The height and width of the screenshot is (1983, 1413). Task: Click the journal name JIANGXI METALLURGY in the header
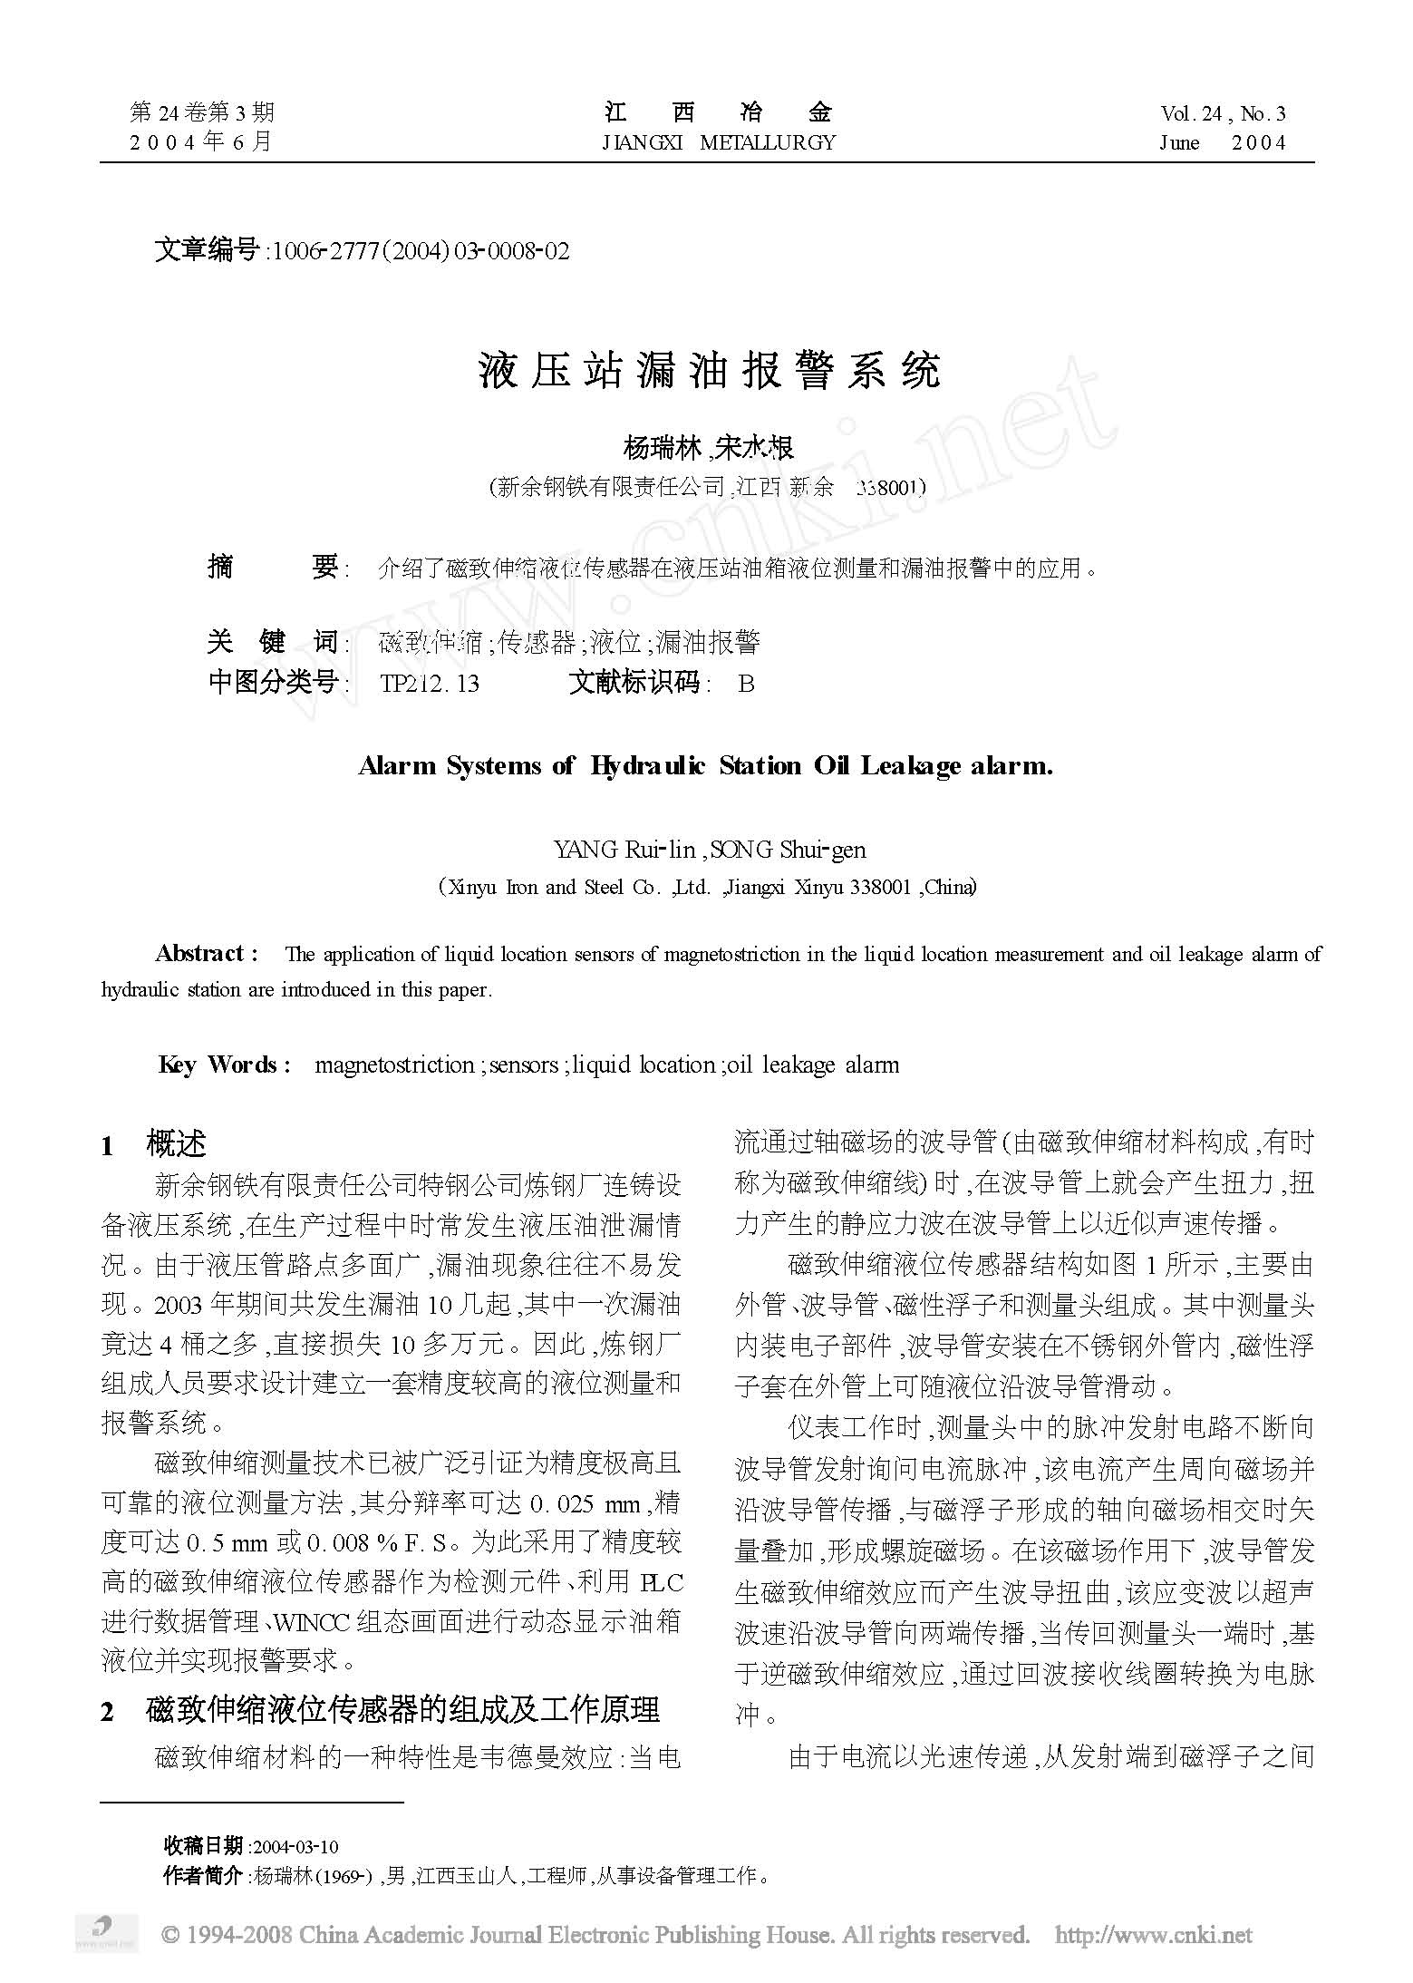pyautogui.click(x=718, y=142)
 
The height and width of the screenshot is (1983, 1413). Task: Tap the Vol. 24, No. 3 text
pyautogui.click(x=1223, y=113)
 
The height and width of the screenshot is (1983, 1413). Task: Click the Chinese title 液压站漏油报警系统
pyautogui.click(x=710, y=370)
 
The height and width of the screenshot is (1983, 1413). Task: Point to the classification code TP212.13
pyautogui.click(x=430, y=683)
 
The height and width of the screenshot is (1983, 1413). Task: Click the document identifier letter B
pyautogui.click(x=746, y=683)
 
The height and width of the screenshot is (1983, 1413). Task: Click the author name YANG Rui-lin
pyautogui.click(x=624, y=850)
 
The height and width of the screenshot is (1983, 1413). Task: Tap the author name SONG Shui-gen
pyautogui.click(x=789, y=850)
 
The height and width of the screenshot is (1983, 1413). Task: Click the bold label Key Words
pyautogui.click(x=224, y=1064)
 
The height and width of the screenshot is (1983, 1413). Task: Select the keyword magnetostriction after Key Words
pyautogui.click(x=394, y=1064)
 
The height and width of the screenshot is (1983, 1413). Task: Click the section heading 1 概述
pyautogui.click(x=155, y=1145)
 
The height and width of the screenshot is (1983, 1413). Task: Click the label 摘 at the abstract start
pyautogui.click(x=220, y=569)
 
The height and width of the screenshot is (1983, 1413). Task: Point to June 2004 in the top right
pyautogui.click(x=1223, y=142)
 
